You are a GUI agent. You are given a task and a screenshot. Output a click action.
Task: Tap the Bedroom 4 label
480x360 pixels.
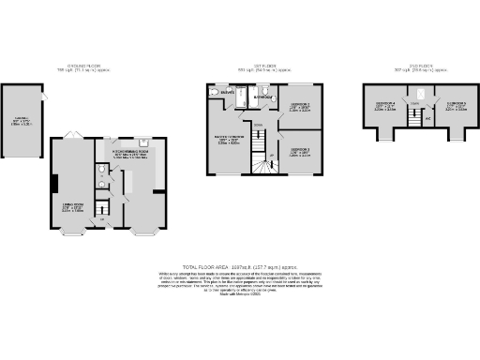pos(385,104)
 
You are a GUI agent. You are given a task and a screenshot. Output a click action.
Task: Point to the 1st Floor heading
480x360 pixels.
pos(264,67)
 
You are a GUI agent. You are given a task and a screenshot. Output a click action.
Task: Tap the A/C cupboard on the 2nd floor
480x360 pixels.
pos(427,118)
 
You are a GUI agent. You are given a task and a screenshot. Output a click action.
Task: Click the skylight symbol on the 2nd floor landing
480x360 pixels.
pos(422,95)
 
